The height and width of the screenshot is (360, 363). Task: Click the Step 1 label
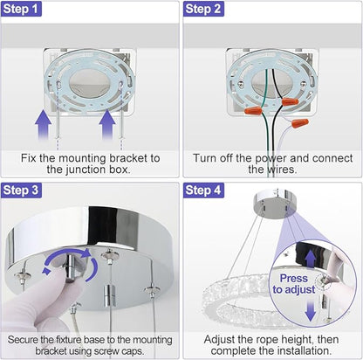tap(21, 9)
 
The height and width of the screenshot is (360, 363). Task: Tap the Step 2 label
tap(203, 9)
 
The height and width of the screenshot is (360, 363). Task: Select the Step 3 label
tap(21, 190)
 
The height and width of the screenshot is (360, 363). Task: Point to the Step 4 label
tap(203, 190)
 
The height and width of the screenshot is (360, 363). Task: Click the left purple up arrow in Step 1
tap(43, 124)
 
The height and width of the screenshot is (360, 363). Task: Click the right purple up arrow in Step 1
tap(107, 124)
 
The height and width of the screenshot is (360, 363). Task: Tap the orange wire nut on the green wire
tap(253, 111)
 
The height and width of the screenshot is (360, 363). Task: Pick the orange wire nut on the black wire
tap(290, 101)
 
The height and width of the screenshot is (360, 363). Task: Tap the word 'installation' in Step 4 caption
tap(303, 350)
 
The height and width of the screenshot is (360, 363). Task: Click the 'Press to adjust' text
tap(294, 284)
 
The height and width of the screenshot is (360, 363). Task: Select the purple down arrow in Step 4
tap(311, 310)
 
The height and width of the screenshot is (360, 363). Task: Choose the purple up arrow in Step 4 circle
tap(311, 259)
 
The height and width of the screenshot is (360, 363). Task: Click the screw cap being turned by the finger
tap(71, 267)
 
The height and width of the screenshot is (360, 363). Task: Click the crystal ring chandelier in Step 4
tap(238, 297)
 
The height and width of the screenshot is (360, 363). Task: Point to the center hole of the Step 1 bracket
tap(89, 83)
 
